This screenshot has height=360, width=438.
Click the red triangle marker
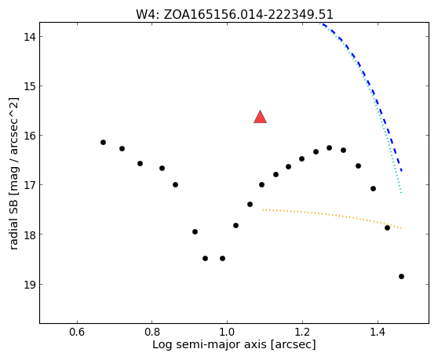tap(260, 118)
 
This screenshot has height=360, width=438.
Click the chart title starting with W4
tap(235, 15)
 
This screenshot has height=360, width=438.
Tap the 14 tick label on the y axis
tap(29, 37)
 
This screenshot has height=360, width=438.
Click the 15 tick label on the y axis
tap(29, 86)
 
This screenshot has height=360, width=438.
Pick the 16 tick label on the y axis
tap(29, 136)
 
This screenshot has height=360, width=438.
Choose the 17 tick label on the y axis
tap(29, 185)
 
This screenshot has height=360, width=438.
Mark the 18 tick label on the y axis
tap(29, 235)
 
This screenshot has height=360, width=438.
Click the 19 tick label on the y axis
tap(29, 285)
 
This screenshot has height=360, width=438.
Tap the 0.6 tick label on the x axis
tap(77, 332)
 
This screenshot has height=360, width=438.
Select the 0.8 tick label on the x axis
tap(152, 332)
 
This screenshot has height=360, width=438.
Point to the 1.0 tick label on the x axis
tap(227, 332)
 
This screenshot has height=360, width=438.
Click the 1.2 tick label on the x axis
tap(302, 332)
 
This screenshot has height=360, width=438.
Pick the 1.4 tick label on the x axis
tap(378, 332)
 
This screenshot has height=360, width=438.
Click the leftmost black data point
tap(103, 142)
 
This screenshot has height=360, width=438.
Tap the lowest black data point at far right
tap(401, 277)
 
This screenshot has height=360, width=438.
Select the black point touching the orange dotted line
tap(387, 228)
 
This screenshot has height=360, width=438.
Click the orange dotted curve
tap(332, 214)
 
